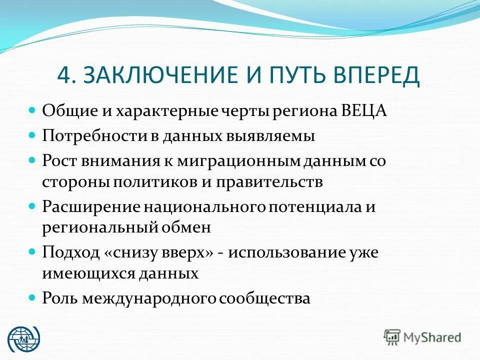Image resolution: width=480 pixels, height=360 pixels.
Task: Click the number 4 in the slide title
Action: (x=64, y=75)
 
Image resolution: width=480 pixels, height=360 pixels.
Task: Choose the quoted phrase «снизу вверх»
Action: (x=159, y=252)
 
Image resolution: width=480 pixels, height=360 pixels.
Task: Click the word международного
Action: (x=150, y=298)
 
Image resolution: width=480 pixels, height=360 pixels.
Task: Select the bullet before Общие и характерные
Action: (x=32, y=110)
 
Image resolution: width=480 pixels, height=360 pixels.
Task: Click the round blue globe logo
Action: (x=23, y=337)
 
